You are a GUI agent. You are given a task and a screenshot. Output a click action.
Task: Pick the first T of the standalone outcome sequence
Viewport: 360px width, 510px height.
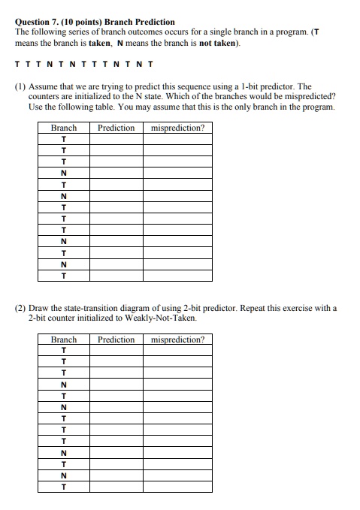pos(18,65)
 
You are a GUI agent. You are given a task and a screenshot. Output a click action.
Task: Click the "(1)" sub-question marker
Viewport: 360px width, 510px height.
pos(20,87)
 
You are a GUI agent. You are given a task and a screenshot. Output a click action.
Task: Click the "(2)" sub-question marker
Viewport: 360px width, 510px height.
pos(20,308)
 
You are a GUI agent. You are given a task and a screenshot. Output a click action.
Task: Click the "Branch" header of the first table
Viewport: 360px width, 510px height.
pos(64,128)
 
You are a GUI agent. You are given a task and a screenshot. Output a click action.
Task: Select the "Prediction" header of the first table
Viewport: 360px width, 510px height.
pos(116,128)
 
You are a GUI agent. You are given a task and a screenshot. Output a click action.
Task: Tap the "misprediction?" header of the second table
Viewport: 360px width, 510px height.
pos(177,339)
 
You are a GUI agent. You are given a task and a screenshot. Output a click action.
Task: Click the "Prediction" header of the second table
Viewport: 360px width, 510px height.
pos(116,339)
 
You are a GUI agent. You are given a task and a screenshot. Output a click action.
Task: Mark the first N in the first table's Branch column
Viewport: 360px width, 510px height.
pos(64,173)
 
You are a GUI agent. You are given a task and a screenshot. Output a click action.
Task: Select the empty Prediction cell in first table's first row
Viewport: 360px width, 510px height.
pos(116,139)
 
